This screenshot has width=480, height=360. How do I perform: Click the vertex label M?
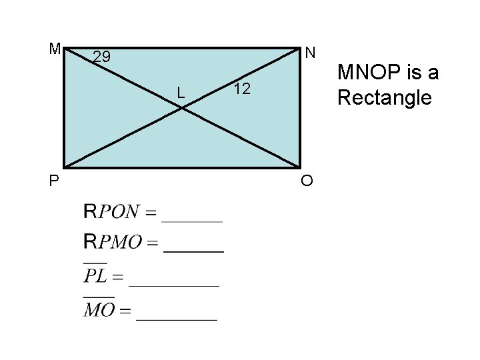[55, 49]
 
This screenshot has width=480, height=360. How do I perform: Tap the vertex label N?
[310, 52]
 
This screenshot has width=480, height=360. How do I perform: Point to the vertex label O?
[307, 181]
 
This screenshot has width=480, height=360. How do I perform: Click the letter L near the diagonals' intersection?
[181, 92]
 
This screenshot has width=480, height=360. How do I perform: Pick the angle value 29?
[101, 57]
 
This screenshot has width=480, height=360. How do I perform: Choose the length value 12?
[242, 89]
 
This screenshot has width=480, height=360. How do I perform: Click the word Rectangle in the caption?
[384, 98]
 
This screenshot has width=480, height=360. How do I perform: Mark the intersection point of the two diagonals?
[182, 107]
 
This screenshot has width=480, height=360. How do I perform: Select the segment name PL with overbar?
[95, 275]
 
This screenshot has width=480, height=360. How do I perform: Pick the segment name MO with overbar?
[99, 310]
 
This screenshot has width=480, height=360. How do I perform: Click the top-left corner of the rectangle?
[64, 47]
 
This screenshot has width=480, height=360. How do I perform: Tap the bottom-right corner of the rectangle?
[300, 167]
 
